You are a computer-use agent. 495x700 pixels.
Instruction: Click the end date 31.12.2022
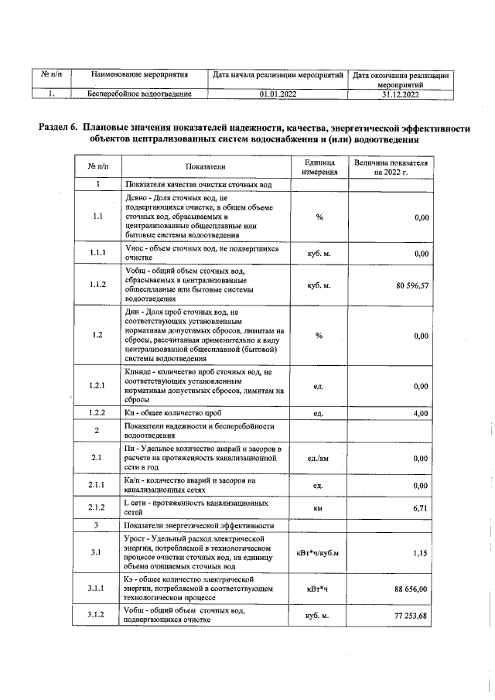click(x=400, y=94)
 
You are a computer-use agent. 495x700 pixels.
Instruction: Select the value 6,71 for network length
click(x=418, y=508)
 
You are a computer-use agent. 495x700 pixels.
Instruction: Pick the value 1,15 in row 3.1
click(x=418, y=553)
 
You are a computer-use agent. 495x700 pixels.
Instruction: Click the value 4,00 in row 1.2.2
click(x=419, y=414)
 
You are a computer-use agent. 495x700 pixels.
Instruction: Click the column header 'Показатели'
click(x=205, y=166)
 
